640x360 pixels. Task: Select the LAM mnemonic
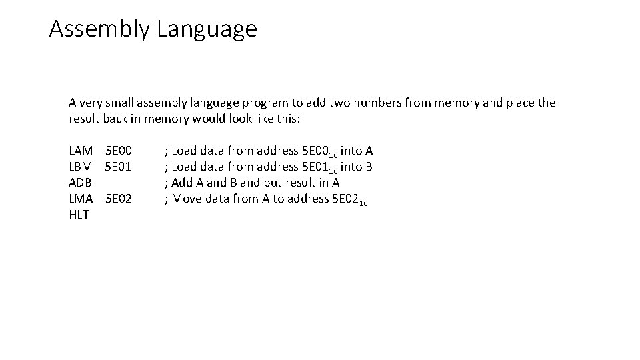click(81, 151)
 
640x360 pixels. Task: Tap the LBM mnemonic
click(81, 167)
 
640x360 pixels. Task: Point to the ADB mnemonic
click(81, 183)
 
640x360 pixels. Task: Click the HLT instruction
click(79, 215)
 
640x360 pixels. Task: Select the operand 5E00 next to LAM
click(119, 151)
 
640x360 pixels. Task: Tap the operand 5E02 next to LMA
click(119, 199)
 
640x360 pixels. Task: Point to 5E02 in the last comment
click(345, 199)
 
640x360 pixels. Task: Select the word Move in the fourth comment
click(187, 199)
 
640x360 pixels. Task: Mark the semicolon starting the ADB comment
click(166, 183)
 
